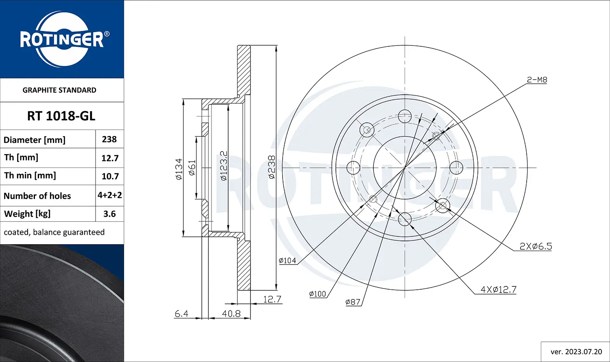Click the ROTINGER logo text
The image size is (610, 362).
coord(62,40)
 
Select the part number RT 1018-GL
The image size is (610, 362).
coord(61,116)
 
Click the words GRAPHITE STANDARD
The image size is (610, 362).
coord(59,90)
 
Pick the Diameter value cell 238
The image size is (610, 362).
coord(109,139)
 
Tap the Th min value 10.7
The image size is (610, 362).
coord(110,176)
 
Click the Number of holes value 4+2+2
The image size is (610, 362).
coord(110,195)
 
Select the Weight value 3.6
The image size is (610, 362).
coord(109,214)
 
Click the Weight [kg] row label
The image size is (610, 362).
coord(27,214)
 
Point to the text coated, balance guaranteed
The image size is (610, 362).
coord(54,232)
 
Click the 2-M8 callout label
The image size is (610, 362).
coord(537,80)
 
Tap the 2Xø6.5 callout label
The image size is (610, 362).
coord(536,246)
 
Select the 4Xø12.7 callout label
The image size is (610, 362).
coord(498,290)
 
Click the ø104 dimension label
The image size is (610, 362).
coord(288,261)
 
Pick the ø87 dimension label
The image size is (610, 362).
coord(353,302)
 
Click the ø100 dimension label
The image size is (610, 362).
coord(317,294)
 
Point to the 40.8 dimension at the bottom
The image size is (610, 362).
coord(231,314)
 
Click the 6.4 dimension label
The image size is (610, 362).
coord(181,314)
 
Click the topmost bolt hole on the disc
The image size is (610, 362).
coord(405,116)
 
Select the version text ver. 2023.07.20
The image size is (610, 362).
coord(576,352)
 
